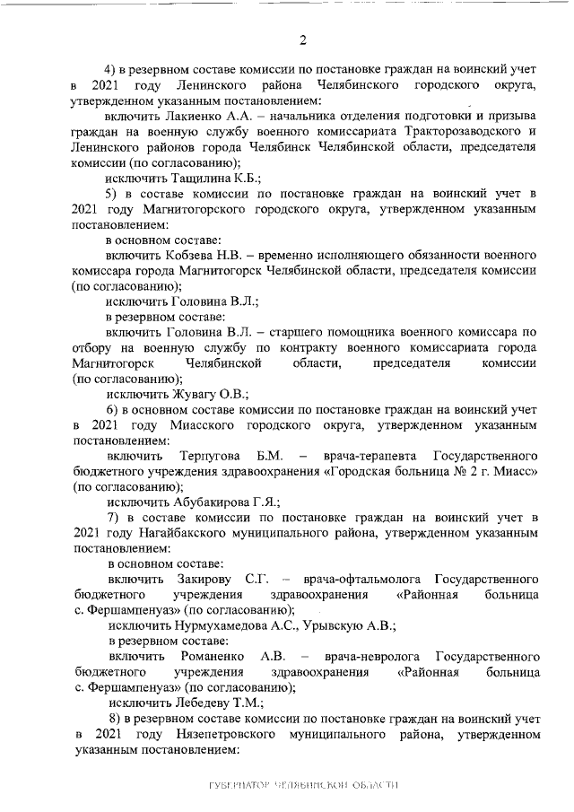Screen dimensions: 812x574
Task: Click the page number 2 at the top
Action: coord(302,39)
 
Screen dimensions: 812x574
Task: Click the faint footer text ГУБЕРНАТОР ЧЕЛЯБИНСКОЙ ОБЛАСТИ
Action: coord(302,785)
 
